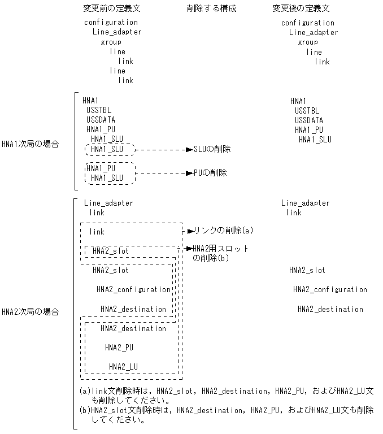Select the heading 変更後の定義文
301,9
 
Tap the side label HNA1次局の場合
29,144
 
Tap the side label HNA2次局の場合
29,312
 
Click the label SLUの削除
212,149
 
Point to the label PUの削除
210,173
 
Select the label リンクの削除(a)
223,231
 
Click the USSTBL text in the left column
99,110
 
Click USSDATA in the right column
308,120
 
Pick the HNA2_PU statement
119,348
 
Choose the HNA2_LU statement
123,367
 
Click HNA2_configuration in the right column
330,289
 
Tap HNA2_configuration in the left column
133,289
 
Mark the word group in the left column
111,42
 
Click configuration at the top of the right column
308,23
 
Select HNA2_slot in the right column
307,270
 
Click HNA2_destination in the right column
330,309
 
